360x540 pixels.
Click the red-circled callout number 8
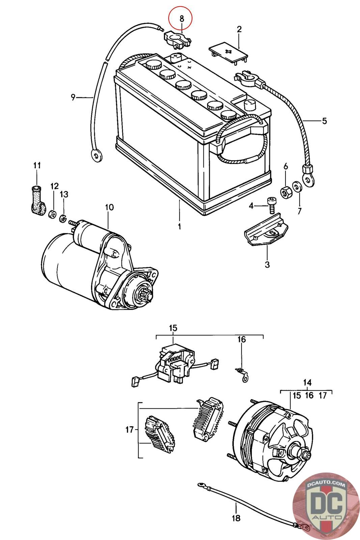182,19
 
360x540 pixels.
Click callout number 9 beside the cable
73,98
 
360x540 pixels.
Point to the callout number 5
325,121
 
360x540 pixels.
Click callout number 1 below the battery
179,226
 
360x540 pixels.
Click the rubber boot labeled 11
38,200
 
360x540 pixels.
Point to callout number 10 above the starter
109,207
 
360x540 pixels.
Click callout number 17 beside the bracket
130,429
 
